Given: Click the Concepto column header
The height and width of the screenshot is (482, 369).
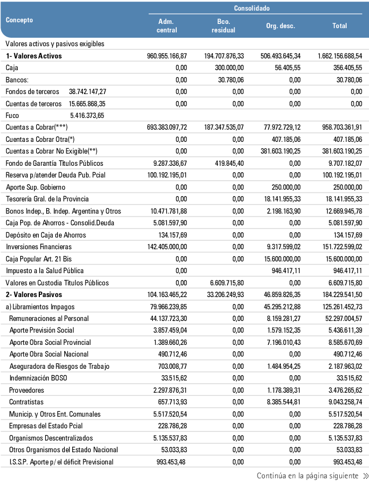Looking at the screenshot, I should click(19, 20).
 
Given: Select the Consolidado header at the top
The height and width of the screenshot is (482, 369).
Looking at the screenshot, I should click(252, 9).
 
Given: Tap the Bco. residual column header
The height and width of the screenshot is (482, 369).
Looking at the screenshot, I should click(223, 26).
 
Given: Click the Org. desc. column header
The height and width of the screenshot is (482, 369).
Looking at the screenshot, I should click(280, 26).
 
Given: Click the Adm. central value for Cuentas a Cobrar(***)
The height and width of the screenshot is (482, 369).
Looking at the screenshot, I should click(167, 128).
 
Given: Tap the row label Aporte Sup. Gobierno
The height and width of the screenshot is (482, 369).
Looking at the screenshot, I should click(34, 187).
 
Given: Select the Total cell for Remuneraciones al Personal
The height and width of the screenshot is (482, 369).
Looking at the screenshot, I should click(340, 319).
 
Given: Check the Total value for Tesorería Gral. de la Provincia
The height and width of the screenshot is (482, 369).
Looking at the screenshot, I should click(340, 199).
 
